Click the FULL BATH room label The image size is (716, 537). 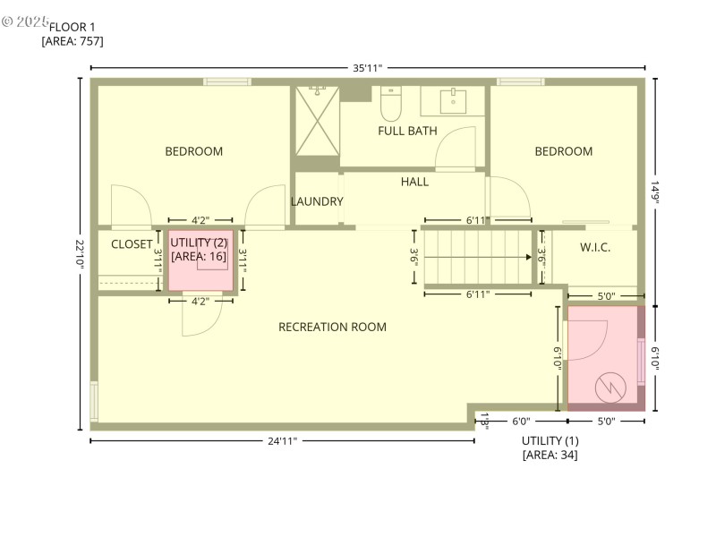(407, 131)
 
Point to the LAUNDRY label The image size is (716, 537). (317, 201)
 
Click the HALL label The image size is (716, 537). (414, 182)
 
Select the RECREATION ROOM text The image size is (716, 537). (332, 327)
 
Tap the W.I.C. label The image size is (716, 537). (595, 247)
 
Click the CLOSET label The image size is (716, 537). (132, 244)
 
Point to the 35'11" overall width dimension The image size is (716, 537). (367, 68)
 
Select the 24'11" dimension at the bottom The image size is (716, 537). (282, 440)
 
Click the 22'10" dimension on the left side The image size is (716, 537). (81, 253)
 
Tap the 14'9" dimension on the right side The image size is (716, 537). (655, 192)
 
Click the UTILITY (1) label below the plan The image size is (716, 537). (550, 440)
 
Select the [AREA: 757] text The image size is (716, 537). (72, 41)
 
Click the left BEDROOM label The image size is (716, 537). (193, 151)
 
